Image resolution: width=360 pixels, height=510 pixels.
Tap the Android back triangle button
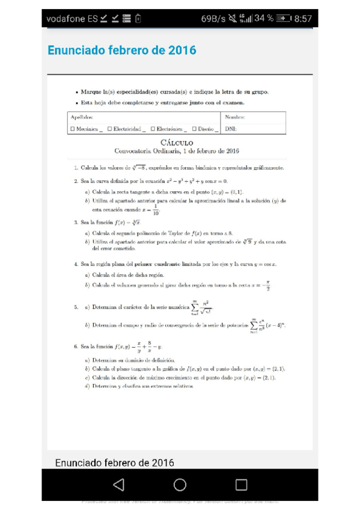118,485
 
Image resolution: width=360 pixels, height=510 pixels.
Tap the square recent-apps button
241,485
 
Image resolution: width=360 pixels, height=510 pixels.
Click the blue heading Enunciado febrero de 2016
121,50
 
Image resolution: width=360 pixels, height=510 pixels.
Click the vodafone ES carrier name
72,19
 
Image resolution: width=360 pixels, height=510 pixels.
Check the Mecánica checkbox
73,129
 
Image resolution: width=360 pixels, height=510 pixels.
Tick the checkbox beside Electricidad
109,129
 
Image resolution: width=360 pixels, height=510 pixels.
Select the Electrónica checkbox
153,129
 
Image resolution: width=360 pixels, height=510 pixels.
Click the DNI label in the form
230,129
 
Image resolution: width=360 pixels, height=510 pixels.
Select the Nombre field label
235,118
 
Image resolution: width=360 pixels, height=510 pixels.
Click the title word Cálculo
177,142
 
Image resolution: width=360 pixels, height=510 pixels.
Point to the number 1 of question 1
76,168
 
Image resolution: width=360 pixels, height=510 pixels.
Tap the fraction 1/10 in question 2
156,210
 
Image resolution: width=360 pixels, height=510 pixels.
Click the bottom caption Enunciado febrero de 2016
114,462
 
